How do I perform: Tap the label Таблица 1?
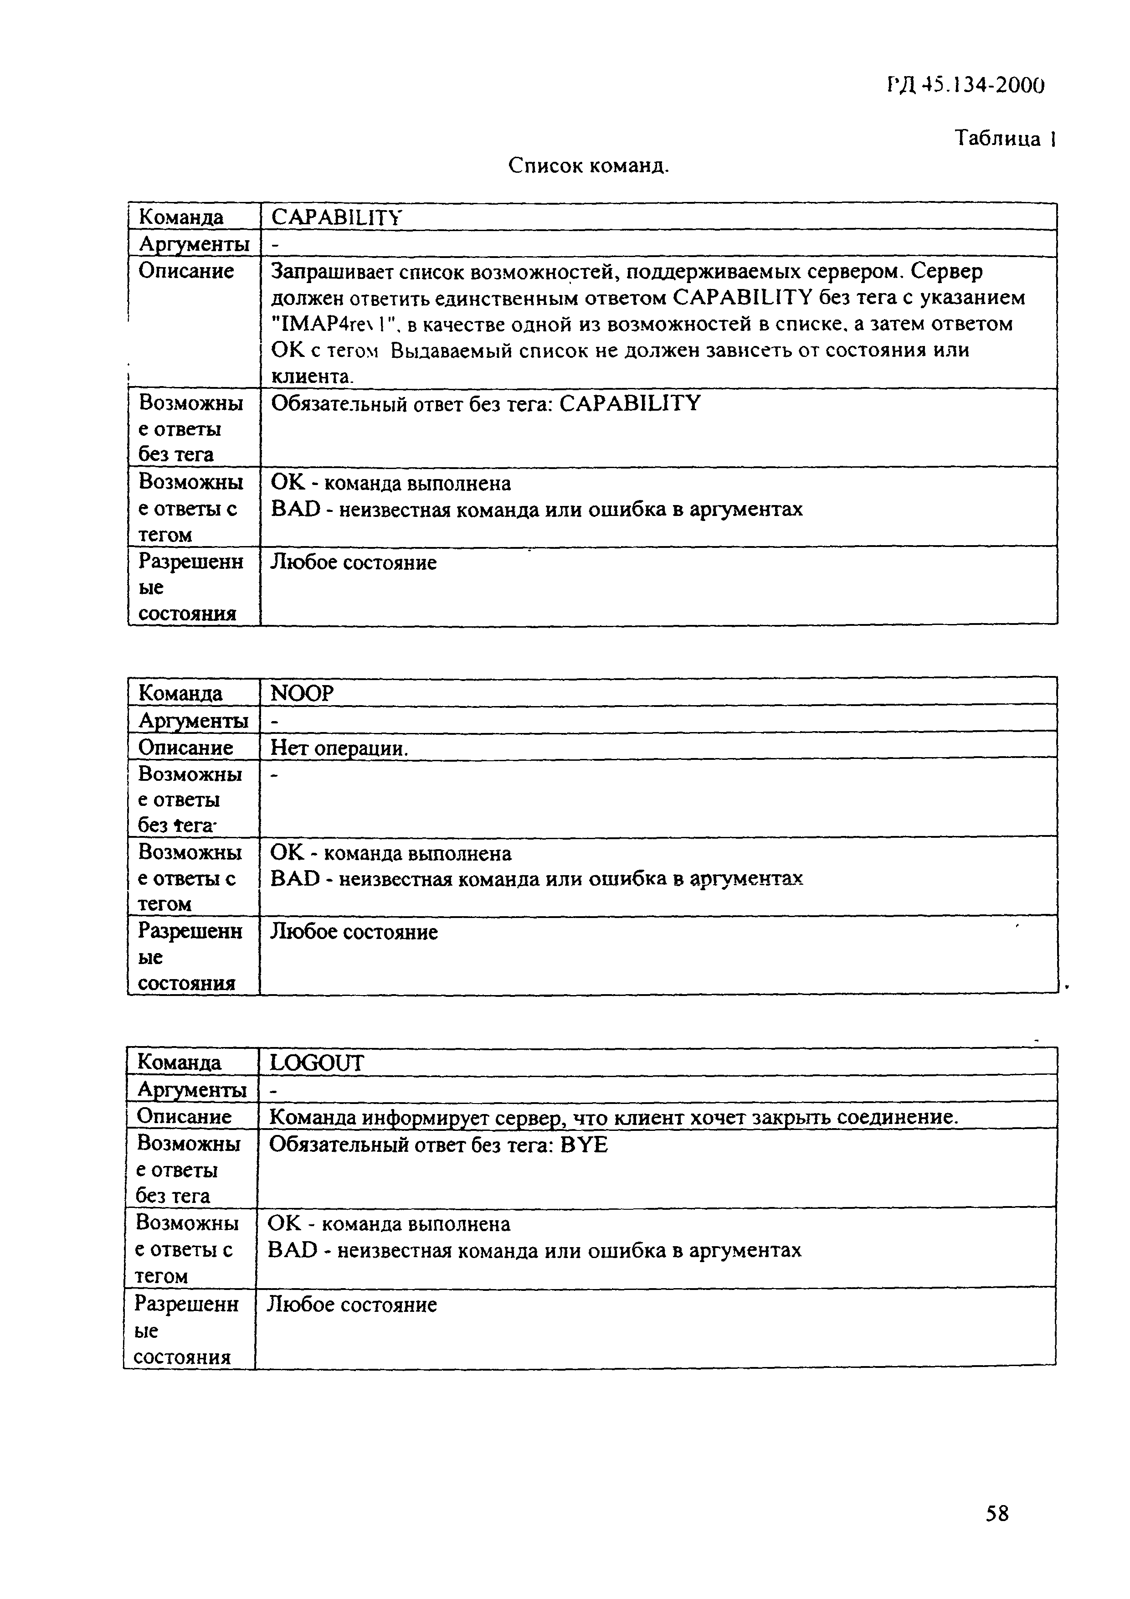[1005, 139]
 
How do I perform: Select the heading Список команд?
[588, 166]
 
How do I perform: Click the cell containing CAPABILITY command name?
[337, 217]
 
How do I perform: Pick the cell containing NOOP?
[302, 693]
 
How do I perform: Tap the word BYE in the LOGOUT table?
[583, 1145]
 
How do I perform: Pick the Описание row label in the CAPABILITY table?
[186, 270]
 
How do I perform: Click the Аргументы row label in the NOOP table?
[193, 720]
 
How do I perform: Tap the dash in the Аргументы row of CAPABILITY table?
[274, 245]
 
